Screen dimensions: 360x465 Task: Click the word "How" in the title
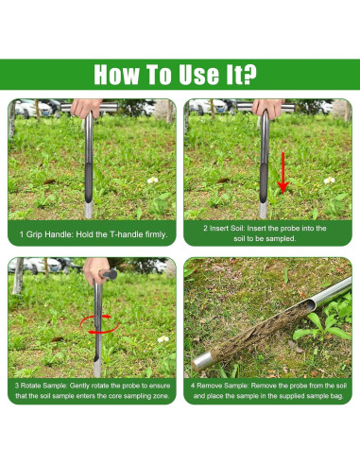point(116,75)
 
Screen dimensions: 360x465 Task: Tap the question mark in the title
point(250,75)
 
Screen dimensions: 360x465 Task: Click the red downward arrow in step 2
point(283,173)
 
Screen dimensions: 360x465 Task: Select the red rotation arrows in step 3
point(99,324)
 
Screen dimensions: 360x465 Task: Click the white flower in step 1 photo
point(153,181)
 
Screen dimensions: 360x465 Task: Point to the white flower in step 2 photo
point(330,181)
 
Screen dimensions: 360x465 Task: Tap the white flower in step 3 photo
point(163,339)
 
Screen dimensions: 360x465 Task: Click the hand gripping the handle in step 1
point(86,108)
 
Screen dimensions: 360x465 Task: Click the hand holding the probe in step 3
point(95,271)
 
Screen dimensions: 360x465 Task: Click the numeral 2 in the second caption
point(205,228)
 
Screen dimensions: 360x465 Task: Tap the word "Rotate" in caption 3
point(30,386)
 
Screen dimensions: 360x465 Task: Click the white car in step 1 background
point(35,108)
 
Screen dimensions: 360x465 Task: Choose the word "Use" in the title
point(199,75)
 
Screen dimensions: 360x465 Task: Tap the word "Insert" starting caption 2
point(218,228)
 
